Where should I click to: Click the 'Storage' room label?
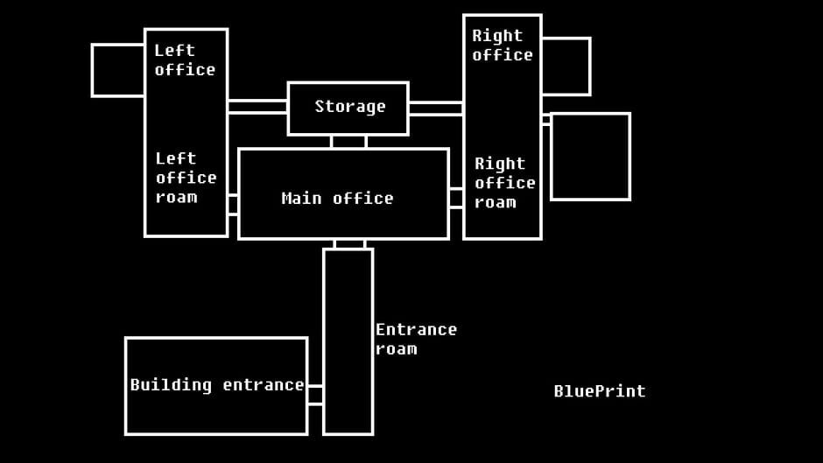(x=349, y=107)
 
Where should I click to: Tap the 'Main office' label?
(x=337, y=199)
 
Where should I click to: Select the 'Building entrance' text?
(x=216, y=385)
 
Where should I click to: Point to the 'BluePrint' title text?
(x=599, y=391)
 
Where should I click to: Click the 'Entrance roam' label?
(x=415, y=339)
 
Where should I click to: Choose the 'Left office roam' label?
(x=186, y=178)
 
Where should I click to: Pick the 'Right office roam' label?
(x=504, y=183)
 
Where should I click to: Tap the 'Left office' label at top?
(x=185, y=60)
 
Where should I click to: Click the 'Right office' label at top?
(x=502, y=46)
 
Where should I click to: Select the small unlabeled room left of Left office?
(x=118, y=70)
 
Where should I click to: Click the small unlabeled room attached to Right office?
(x=566, y=66)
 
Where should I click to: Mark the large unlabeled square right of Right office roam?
(x=590, y=157)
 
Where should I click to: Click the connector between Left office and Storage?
(x=257, y=107)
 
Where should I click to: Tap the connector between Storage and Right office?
(x=435, y=109)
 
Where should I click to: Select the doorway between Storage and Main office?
(x=348, y=142)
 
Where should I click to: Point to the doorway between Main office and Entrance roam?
(x=349, y=244)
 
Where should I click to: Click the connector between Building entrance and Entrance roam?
(x=315, y=395)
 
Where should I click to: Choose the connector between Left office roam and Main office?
(x=233, y=204)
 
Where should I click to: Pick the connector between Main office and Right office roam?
(x=456, y=198)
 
